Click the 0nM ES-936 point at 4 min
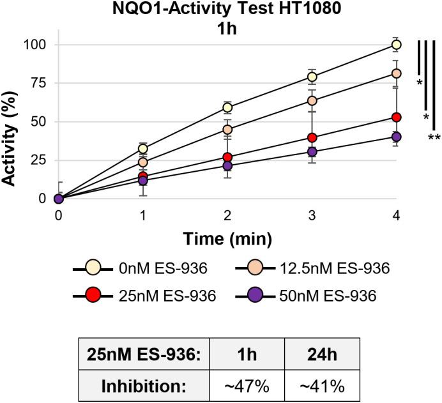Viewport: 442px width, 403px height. [396, 45]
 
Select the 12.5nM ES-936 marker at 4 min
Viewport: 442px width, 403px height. [396, 73]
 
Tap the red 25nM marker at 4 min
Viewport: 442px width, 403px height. [396, 118]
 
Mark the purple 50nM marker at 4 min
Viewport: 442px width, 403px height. [396, 137]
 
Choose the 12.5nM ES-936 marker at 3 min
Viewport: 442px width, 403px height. [312, 101]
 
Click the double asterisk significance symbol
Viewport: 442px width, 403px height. [434, 137]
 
